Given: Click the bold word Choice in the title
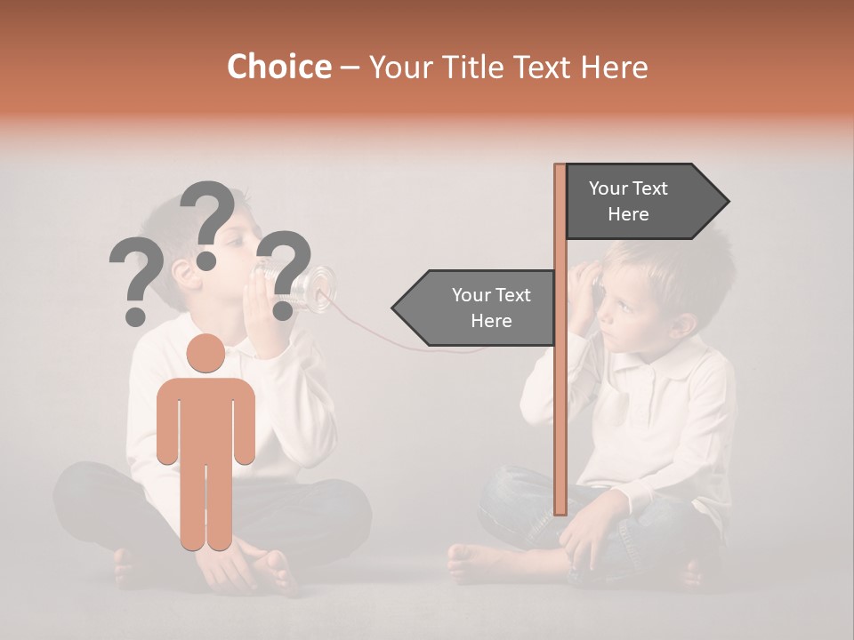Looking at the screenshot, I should coord(278,68).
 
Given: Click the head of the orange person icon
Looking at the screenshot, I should coord(205,354).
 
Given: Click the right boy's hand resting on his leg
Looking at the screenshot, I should coord(587,533).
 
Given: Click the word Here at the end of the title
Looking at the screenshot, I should coord(613,68).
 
